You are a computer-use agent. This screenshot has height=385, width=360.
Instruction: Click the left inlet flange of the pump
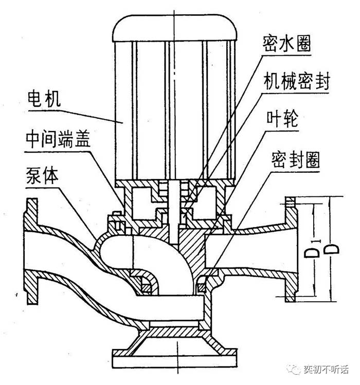click(30, 252)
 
